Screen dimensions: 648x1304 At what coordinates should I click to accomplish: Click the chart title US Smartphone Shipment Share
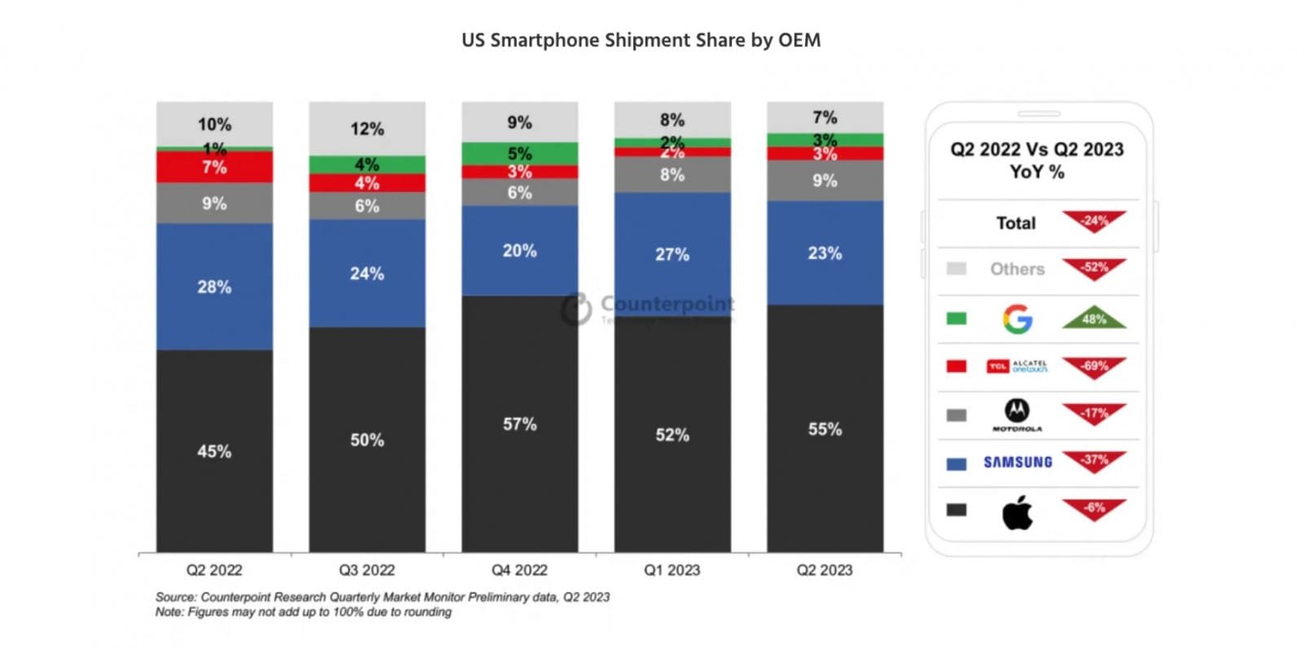pos(641,40)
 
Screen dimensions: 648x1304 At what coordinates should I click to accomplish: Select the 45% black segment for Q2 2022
pos(214,451)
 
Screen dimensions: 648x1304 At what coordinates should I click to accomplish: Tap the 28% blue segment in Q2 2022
pos(214,286)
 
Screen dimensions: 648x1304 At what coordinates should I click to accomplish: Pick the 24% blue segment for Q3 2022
pos(367,273)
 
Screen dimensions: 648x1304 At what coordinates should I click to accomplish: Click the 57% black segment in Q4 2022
pos(519,424)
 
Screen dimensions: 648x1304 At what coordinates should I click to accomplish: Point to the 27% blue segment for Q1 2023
pos(672,254)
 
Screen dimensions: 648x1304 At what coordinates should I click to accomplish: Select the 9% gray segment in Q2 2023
pos(825,180)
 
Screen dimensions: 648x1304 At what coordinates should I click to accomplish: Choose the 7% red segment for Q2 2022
pos(214,168)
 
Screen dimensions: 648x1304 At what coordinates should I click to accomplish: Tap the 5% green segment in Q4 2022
pos(519,153)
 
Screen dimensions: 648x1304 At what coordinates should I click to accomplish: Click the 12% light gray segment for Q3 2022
pos(367,129)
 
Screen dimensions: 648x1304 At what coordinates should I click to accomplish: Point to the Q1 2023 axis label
pos(672,570)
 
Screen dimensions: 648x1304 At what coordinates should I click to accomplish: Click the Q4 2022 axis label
pos(519,570)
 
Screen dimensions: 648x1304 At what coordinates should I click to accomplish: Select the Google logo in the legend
pos(1017,319)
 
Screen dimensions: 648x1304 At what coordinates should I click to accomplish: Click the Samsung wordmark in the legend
pos(1017,462)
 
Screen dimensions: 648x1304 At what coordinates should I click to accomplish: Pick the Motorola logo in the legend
pos(1016,414)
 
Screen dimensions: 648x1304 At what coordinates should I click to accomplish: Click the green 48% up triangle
pos(1094,318)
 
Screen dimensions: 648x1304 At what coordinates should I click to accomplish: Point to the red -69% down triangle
pos(1094,367)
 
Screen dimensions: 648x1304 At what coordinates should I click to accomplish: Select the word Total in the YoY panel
pos(1015,223)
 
